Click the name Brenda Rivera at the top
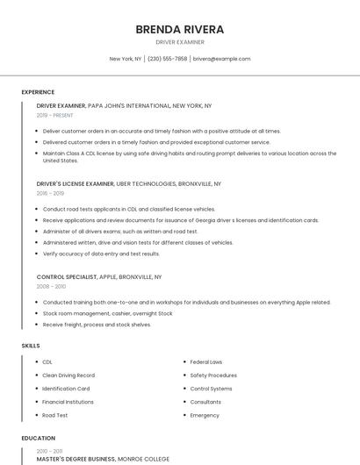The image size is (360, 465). click(x=180, y=29)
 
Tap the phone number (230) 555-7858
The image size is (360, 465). click(x=167, y=59)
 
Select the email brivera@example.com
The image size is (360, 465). click(x=221, y=59)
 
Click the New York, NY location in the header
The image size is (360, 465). click(x=126, y=59)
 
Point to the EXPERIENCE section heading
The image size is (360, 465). click(x=38, y=92)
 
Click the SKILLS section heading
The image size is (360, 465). click(x=31, y=346)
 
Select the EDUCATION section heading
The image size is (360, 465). click(x=38, y=438)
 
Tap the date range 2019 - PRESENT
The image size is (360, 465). click(x=55, y=115)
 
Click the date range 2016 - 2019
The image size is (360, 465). click(x=50, y=193)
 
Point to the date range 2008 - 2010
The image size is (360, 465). click(x=51, y=286)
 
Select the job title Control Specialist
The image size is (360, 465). click(x=67, y=276)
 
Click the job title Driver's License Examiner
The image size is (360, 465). click(x=76, y=184)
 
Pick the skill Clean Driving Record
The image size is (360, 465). click(x=69, y=375)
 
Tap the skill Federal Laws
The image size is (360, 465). click(x=205, y=361)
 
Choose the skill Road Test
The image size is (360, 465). click(x=55, y=415)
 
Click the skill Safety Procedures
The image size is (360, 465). click(x=213, y=375)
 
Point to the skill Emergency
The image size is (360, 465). click(x=205, y=415)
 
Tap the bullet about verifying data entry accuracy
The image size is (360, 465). click(x=101, y=254)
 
